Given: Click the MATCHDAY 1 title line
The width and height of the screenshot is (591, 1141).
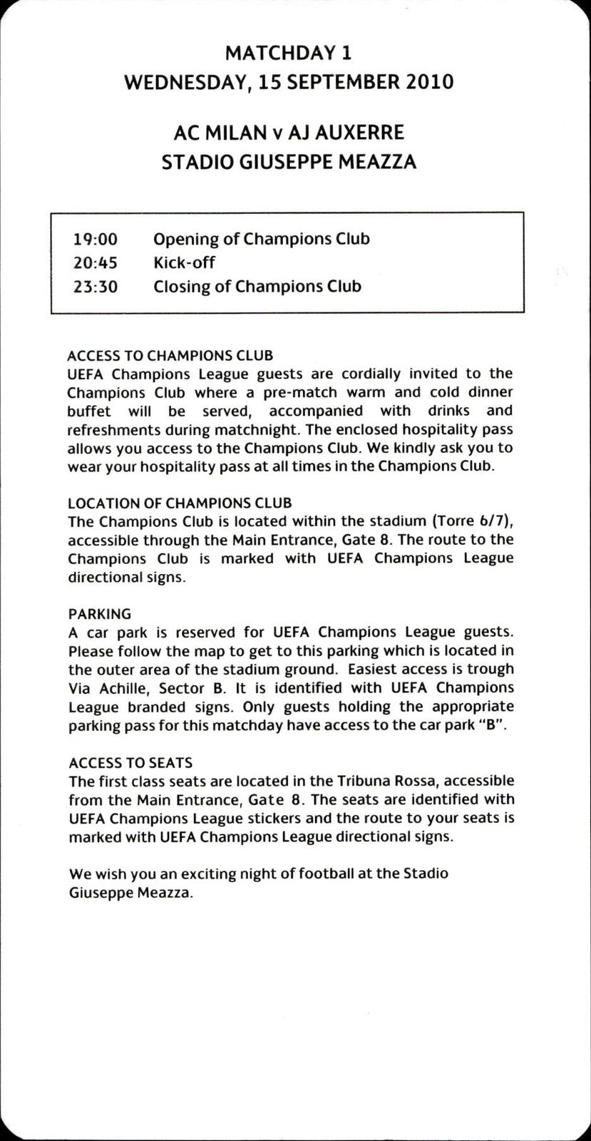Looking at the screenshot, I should click(288, 53).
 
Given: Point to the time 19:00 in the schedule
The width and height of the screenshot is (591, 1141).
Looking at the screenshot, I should click(95, 239).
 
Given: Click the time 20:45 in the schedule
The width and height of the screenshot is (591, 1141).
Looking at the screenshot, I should click(95, 262).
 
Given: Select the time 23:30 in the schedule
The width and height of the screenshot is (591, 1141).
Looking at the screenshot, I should click(95, 287).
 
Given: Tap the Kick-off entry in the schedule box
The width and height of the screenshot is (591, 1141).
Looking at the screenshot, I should click(184, 262).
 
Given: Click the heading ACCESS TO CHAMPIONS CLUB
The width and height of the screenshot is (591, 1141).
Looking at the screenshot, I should click(170, 355).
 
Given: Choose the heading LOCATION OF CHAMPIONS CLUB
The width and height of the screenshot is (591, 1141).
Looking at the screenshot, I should click(179, 503).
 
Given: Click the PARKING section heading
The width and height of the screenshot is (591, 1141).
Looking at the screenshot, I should click(99, 613).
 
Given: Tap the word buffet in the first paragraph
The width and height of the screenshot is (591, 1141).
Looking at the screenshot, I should click(89, 411).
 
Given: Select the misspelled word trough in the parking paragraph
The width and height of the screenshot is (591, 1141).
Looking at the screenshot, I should click(491, 669).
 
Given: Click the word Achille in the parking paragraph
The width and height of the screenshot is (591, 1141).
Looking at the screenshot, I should click(121, 688).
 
